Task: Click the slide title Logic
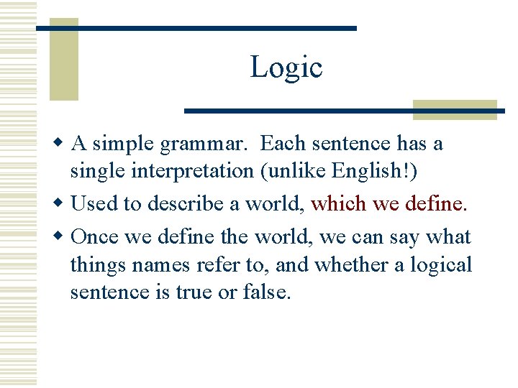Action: coord(286,68)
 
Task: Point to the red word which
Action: coord(338,204)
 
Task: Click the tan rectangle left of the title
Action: coord(63,61)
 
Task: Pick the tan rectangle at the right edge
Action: coord(455,109)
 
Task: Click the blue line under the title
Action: coord(344,111)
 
